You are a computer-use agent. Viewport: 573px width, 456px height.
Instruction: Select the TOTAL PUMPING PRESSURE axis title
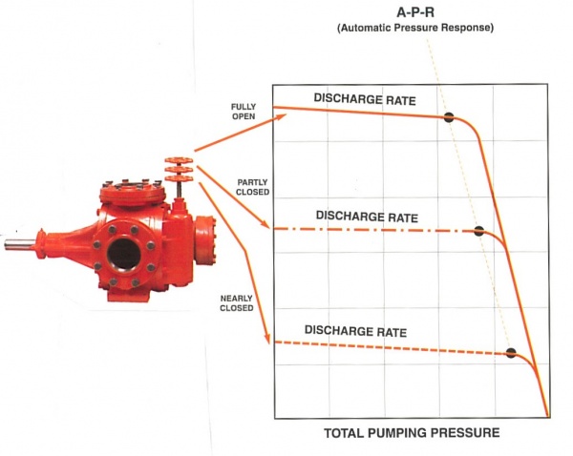click(x=412, y=433)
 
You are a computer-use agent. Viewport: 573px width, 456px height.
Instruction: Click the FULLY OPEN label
click(x=244, y=111)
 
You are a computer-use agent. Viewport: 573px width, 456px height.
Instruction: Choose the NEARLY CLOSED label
click(x=236, y=302)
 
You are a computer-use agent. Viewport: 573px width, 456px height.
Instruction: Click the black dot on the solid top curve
click(x=447, y=118)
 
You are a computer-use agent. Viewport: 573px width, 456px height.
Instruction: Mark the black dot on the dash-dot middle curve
click(x=479, y=231)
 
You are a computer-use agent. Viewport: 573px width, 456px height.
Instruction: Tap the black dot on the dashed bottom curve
click(x=511, y=353)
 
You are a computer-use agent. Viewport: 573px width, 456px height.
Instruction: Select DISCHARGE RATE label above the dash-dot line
click(x=367, y=216)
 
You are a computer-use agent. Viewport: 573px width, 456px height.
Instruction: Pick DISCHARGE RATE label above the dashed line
click(x=355, y=332)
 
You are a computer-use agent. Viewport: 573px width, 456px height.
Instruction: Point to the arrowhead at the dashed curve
click(x=267, y=341)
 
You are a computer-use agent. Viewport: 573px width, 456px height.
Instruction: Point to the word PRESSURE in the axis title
click(x=462, y=433)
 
